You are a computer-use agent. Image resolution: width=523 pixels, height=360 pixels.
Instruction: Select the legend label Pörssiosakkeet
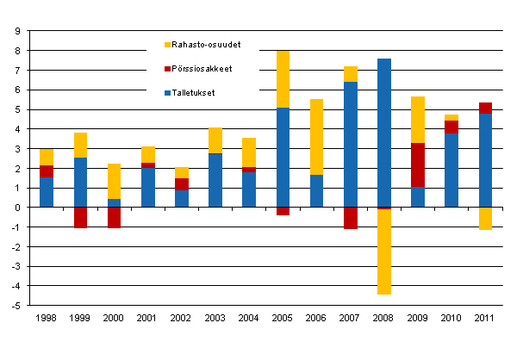[201, 68]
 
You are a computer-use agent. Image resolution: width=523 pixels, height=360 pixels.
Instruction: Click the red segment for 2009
[418, 164]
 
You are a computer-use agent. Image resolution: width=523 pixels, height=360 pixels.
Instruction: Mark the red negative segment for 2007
[350, 218]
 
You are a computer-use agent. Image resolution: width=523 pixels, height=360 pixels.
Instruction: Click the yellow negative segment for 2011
[485, 218]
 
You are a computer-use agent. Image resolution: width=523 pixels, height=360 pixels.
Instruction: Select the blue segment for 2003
[215, 180]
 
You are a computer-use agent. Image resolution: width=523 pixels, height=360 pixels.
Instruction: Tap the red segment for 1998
[47, 171]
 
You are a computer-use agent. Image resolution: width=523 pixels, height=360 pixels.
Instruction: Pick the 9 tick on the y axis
[17, 32]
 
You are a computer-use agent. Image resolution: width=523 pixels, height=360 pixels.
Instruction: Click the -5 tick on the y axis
[16, 306]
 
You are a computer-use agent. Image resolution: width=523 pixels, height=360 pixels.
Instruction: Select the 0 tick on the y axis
[17, 208]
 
